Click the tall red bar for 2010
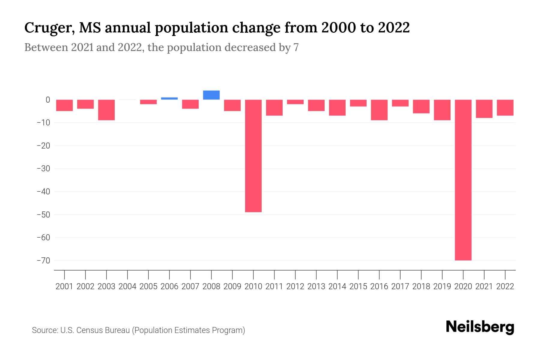pyautogui.click(x=253, y=156)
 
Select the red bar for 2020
pyautogui.click(x=463, y=180)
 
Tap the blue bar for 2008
pyautogui.click(x=211, y=95)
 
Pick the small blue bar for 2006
pyautogui.click(x=169, y=98)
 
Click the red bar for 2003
pyautogui.click(x=106, y=110)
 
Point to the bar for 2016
pyautogui.click(x=379, y=110)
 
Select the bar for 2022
pyautogui.click(x=505, y=107)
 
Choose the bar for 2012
pyautogui.click(x=295, y=102)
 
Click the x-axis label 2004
pyautogui.click(x=127, y=286)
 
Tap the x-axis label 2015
pyautogui.click(x=358, y=286)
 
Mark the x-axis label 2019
pyautogui.click(x=442, y=286)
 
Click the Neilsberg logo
pyautogui.click(x=480, y=327)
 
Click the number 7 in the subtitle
pyautogui.click(x=296, y=47)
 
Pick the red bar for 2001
pyautogui.click(x=64, y=105)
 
